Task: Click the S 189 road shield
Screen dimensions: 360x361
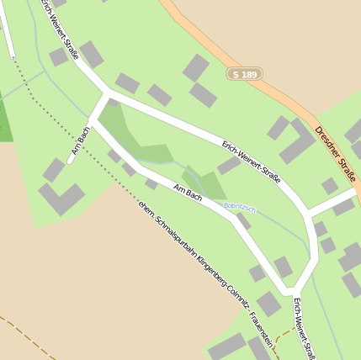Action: [245, 74]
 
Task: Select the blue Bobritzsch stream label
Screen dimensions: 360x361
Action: [239, 206]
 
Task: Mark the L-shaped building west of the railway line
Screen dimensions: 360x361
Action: [60, 200]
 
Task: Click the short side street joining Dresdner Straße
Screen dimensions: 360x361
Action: [332, 203]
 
